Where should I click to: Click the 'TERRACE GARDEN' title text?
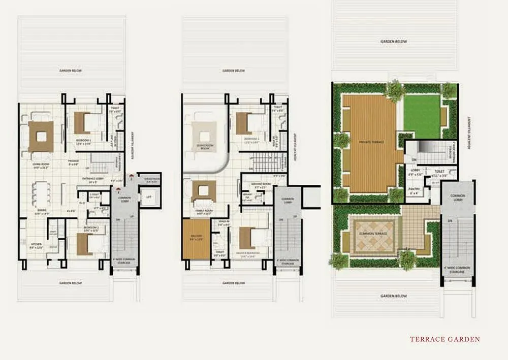point(444,339)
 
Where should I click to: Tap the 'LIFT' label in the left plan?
point(148,196)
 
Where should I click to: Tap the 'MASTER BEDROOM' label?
point(248,252)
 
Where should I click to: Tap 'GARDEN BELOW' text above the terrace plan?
point(394,42)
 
